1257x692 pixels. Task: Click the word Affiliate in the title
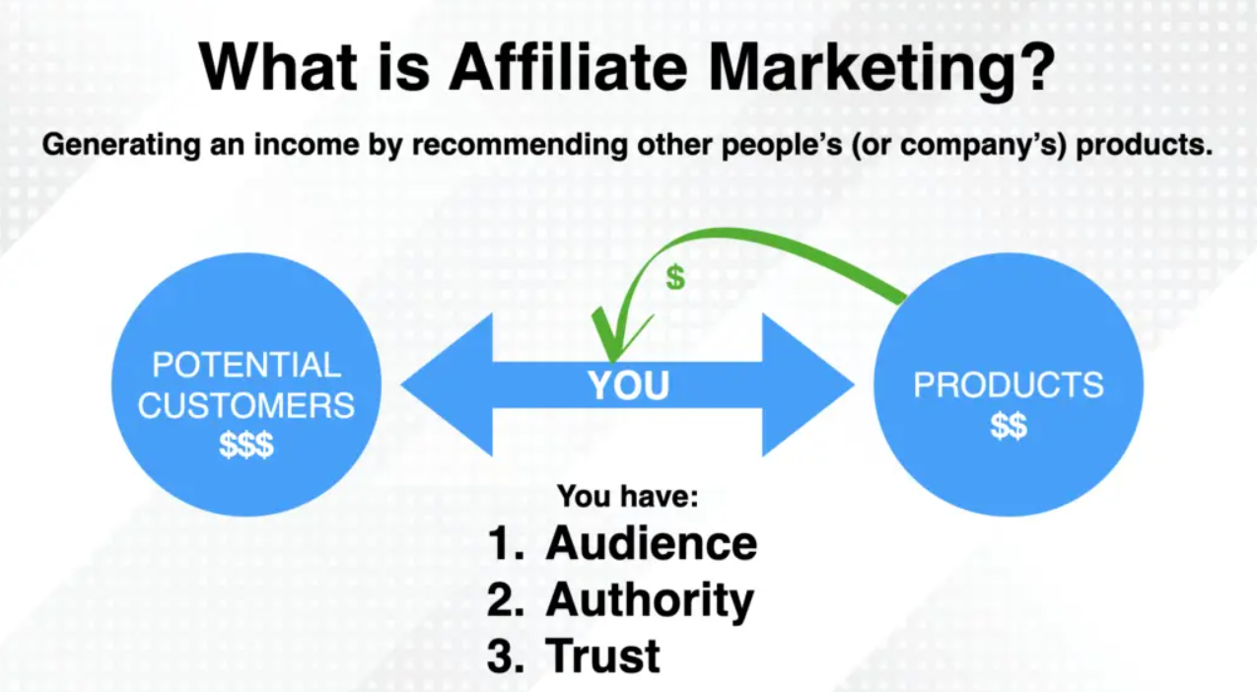(568, 66)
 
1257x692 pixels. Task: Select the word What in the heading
(279, 66)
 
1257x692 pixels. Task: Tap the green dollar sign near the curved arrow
(675, 277)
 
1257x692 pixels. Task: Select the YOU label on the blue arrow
(629, 385)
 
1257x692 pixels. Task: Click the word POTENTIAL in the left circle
(246, 365)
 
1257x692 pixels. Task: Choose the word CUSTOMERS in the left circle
(246, 404)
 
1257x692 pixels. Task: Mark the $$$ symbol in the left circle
(246, 445)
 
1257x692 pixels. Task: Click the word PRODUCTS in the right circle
(1009, 385)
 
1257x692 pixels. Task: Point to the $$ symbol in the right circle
(1009, 426)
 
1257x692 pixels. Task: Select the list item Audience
(651, 543)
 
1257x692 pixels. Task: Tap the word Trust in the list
(602, 655)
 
